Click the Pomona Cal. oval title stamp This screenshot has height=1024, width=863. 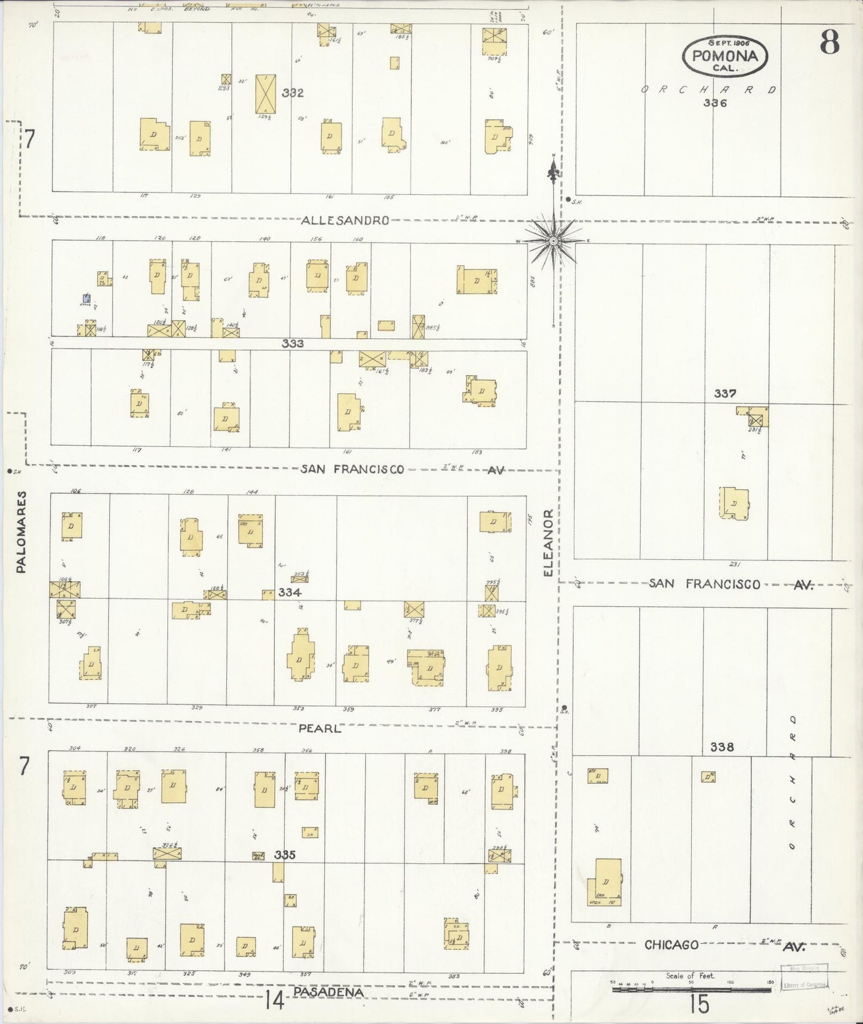(x=725, y=56)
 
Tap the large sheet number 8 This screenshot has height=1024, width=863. (x=830, y=42)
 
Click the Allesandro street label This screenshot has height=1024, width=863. (x=345, y=220)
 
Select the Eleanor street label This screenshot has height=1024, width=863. (x=549, y=543)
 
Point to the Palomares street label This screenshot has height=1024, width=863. (x=22, y=532)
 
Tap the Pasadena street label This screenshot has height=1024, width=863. (x=328, y=992)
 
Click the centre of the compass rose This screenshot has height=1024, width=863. (x=554, y=240)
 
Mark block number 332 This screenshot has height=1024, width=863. (x=293, y=93)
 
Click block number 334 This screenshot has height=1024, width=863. (x=290, y=593)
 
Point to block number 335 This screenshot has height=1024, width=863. (x=285, y=855)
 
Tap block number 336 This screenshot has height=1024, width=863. (x=714, y=103)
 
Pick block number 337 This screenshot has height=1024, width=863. (x=725, y=394)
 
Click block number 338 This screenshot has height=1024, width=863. (x=722, y=747)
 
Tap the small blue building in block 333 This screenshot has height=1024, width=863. (x=87, y=298)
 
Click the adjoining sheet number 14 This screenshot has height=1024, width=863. (x=275, y=999)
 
